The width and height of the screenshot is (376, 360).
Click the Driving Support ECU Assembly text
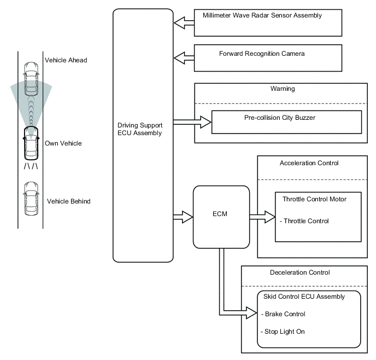(x=140, y=129)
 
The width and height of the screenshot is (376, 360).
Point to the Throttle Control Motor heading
(x=314, y=199)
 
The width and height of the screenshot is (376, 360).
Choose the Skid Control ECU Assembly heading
(x=304, y=297)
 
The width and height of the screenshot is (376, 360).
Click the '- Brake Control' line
(x=284, y=314)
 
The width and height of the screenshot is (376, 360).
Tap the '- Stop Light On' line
(x=283, y=332)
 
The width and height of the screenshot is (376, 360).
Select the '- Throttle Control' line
(x=304, y=221)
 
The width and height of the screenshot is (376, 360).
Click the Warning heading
(x=282, y=88)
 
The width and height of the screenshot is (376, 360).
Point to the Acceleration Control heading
(x=309, y=163)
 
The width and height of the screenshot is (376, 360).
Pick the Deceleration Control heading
(x=300, y=272)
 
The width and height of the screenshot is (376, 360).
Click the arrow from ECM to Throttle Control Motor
(x=262, y=217)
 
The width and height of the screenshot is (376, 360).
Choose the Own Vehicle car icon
(x=31, y=142)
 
